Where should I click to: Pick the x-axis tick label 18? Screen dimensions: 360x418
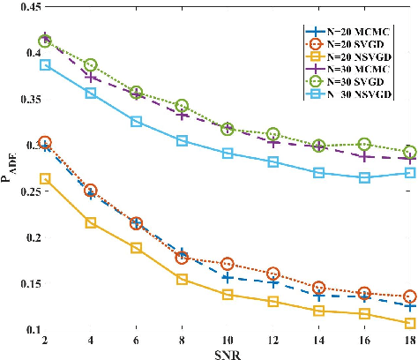coord(409,340)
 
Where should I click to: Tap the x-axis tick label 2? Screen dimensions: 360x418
coord(44,340)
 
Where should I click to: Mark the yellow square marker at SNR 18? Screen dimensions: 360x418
coord(409,324)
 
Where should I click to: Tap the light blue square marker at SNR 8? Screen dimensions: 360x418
coord(181,141)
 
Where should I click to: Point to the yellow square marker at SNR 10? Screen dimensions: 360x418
coord(227,295)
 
